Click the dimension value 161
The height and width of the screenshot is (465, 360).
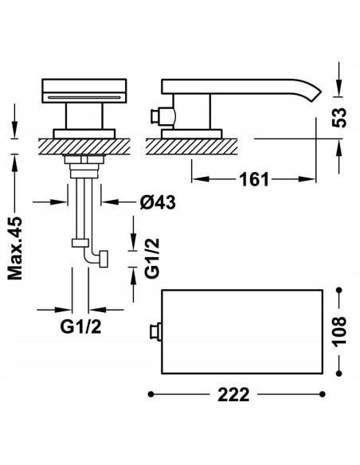click(254, 179)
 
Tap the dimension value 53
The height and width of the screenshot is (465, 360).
click(339, 117)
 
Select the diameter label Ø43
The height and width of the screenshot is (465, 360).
click(158, 202)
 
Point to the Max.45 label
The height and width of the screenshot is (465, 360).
click(15, 248)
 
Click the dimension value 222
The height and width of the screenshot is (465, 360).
click(233, 395)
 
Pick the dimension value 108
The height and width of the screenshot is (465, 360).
click(339, 331)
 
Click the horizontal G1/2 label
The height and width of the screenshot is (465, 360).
click(80, 327)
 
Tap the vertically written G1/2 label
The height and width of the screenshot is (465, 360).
click(152, 258)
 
